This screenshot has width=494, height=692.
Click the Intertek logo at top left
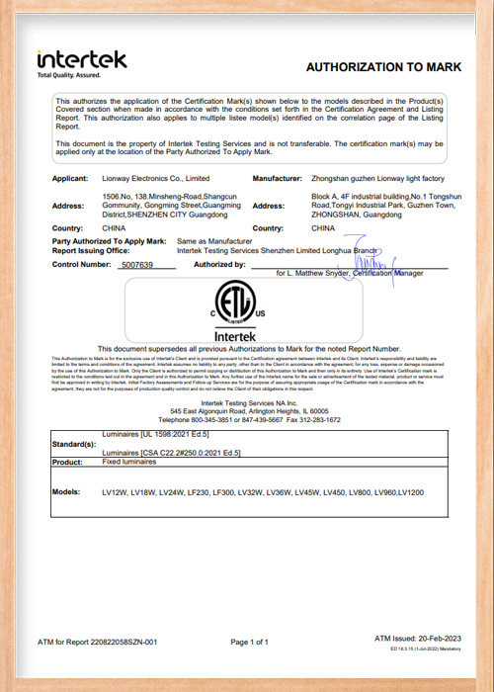tap(81, 59)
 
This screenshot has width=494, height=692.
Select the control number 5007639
tap(134, 266)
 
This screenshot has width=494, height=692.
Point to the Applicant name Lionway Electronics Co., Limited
tap(156, 178)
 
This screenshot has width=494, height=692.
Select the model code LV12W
tap(115, 491)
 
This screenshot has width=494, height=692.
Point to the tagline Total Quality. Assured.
tap(69, 75)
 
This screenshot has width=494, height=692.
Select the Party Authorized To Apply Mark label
tap(109, 240)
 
